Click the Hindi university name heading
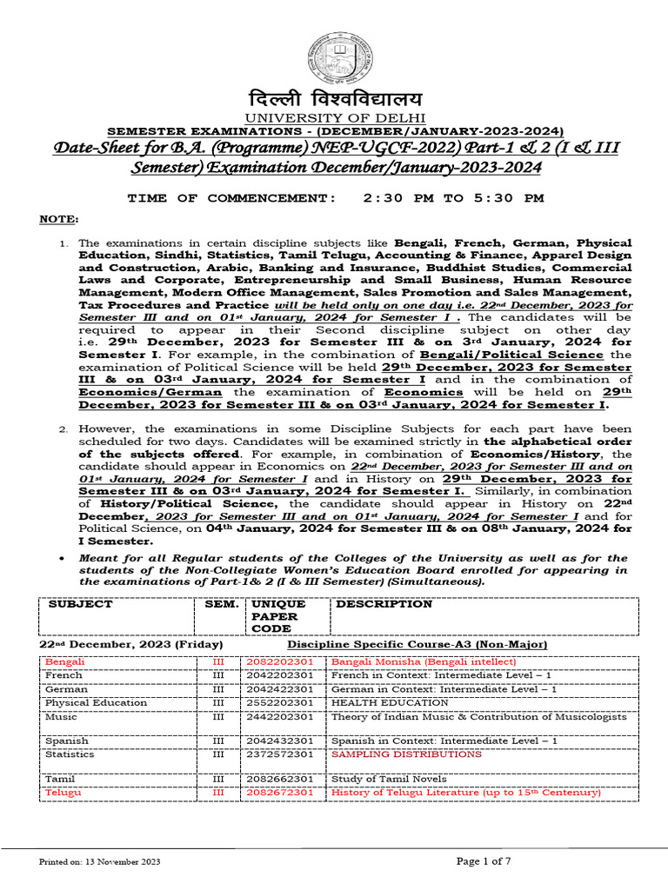(335, 98)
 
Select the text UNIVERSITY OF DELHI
(335, 117)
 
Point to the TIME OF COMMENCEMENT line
(335, 198)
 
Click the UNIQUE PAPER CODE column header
(277, 615)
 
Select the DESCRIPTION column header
(384, 604)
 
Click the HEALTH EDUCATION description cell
(391, 702)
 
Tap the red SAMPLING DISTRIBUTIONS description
(406, 754)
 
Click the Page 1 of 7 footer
(493, 860)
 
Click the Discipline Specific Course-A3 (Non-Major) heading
(417, 645)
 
